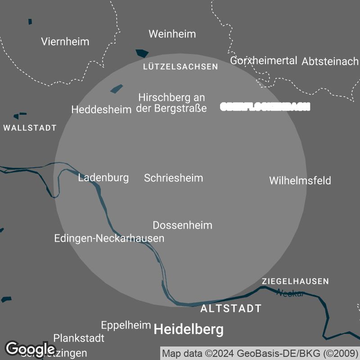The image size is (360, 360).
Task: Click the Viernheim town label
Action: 65,42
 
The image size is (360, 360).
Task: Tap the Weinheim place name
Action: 172,34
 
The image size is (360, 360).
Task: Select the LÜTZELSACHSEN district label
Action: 180,67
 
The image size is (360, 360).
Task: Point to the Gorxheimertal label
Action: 264,61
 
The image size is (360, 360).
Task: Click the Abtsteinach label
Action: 330,62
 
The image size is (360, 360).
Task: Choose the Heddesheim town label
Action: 101,109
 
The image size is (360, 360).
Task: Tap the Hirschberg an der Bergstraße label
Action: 172,103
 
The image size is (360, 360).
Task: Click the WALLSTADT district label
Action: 30,128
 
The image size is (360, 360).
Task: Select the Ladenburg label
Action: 103,178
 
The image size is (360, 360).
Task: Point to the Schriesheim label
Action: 173,178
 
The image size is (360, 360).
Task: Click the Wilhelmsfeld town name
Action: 300,181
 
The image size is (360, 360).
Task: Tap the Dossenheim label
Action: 182,225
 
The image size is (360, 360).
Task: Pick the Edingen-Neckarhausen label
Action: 109,238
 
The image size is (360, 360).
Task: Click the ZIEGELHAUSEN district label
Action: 295,281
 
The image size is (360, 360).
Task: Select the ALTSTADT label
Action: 230,309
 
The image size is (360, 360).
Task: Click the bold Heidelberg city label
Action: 189,330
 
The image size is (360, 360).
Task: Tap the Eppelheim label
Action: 126,325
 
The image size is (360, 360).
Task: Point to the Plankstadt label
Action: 79,338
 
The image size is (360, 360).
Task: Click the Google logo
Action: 30,349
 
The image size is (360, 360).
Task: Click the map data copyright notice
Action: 260,353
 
